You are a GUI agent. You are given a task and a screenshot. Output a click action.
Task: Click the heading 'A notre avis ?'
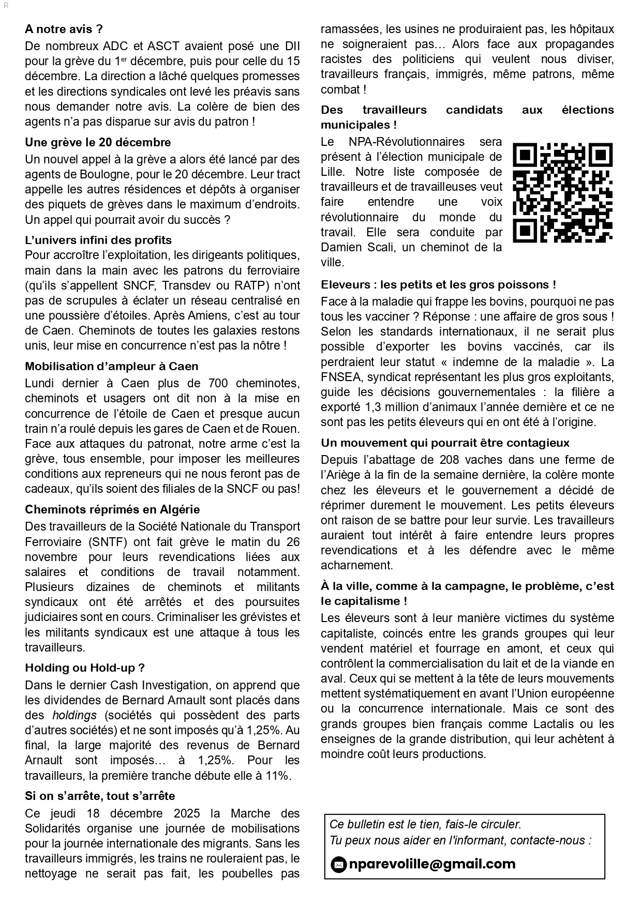coord(64,29)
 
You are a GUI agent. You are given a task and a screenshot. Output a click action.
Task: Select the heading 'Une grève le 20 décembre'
coord(98,142)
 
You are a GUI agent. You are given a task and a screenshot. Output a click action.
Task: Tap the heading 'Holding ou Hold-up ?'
coord(84,668)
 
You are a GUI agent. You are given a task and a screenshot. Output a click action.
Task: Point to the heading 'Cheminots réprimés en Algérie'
coord(112,509)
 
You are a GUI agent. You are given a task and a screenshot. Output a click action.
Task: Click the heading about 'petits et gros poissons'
coord(438,284)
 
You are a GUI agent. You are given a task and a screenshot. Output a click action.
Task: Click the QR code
coord(562,193)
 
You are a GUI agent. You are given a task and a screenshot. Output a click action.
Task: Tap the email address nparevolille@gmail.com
coord(432,864)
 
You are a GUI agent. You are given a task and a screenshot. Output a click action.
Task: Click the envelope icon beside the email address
coord(338,865)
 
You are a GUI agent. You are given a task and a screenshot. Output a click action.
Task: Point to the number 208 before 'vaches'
coord(449,460)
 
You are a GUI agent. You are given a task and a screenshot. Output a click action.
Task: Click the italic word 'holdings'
coord(74,715)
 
